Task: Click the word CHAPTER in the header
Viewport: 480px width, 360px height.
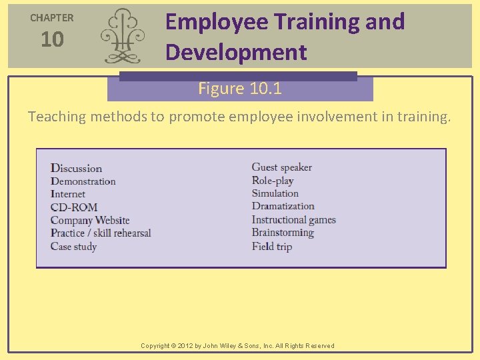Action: (x=52, y=18)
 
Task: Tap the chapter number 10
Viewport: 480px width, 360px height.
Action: (x=52, y=40)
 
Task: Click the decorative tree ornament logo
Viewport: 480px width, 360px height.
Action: (x=121, y=36)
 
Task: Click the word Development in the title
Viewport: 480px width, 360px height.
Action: (x=236, y=52)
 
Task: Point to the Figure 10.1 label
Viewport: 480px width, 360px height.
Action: (x=240, y=89)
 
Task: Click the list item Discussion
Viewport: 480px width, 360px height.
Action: (x=77, y=169)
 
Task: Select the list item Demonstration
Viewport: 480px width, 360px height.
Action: (x=83, y=181)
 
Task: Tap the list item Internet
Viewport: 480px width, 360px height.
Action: (x=68, y=194)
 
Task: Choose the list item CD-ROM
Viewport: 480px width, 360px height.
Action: (x=74, y=207)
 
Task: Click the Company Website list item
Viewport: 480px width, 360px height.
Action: (x=90, y=220)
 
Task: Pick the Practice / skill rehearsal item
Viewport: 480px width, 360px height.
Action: (x=101, y=233)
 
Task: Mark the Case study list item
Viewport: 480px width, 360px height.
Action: (x=74, y=247)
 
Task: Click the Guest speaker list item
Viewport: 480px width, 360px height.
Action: (x=281, y=167)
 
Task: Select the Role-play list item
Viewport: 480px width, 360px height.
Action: (x=273, y=181)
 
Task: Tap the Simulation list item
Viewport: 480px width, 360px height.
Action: (x=275, y=193)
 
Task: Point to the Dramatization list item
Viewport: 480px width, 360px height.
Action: (x=283, y=206)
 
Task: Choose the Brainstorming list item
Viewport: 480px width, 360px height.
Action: (x=283, y=233)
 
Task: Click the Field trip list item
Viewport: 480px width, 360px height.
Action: (x=272, y=246)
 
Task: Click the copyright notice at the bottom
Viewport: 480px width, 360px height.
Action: (x=237, y=345)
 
